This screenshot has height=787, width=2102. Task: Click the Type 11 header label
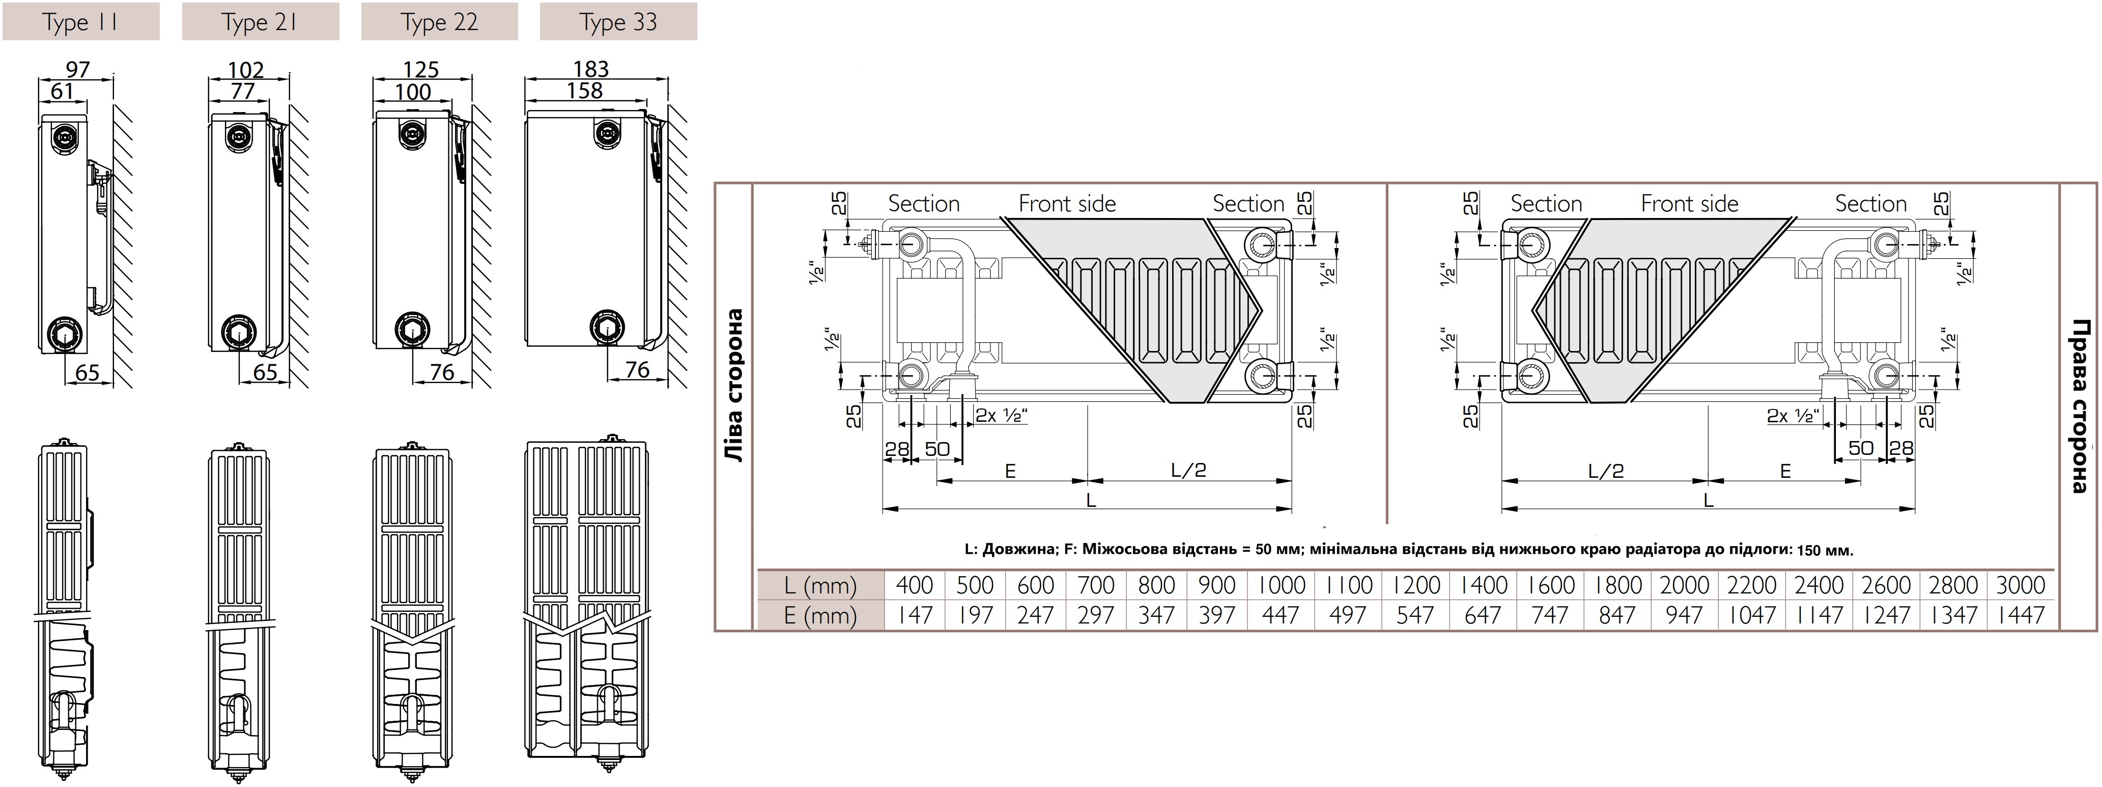click(81, 22)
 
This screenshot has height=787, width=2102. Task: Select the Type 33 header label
click(618, 22)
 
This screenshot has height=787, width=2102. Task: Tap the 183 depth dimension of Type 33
click(591, 69)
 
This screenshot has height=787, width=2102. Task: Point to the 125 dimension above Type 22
click(420, 69)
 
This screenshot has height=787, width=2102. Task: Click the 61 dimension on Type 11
click(62, 91)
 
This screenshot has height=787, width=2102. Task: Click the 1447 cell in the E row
click(2021, 615)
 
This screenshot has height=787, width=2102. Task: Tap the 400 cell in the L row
click(914, 585)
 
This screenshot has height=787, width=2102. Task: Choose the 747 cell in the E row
click(1550, 615)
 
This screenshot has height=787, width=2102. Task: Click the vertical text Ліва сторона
click(734, 385)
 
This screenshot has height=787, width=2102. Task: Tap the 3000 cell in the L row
click(2021, 585)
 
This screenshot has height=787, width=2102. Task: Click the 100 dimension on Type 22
click(413, 92)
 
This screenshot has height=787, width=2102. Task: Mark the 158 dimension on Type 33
click(585, 91)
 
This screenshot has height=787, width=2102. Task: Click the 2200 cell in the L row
click(1752, 585)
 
